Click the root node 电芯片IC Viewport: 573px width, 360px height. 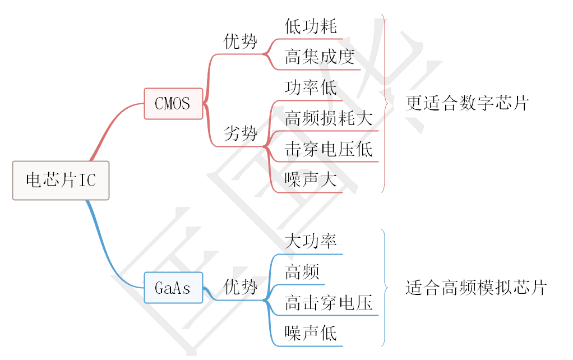[x=61, y=181]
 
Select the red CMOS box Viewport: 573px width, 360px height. [x=173, y=103]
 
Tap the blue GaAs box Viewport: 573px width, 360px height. [x=173, y=288]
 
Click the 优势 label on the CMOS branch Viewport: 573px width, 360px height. [x=241, y=41]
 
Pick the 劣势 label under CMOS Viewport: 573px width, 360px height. [x=241, y=133]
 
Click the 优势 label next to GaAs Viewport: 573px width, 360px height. [x=241, y=288]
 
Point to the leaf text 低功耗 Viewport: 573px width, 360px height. [x=311, y=26]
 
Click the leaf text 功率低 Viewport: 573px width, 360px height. [x=311, y=88]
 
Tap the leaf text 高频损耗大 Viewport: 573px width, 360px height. [x=328, y=118]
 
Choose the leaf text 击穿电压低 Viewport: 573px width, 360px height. [x=328, y=149]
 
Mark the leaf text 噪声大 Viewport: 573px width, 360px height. [x=311, y=179]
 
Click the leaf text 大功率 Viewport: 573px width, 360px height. [x=311, y=242]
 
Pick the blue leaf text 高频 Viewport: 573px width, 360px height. [x=302, y=273]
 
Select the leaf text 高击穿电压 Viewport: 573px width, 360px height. [x=328, y=303]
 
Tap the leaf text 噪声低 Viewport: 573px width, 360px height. [x=311, y=334]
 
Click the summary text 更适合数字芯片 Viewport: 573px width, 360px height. [x=467, y=103]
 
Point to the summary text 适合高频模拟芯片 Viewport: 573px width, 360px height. [x=475, y=288]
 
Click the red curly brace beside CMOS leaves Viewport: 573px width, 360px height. [x=384, y=103]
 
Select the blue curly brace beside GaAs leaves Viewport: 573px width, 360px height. [x=384, y=288]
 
